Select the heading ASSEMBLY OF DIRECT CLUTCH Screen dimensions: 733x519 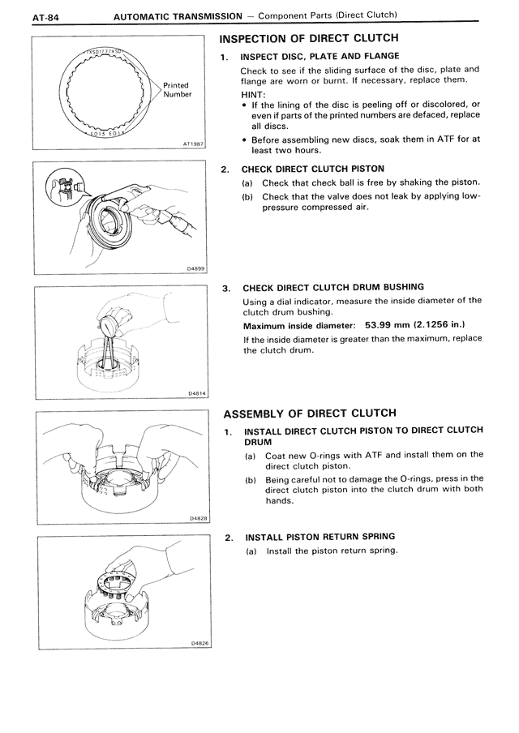click(x=309, y=413)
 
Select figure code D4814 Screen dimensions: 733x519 click(x=196, y=393)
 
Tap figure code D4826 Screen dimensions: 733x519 click(x=198, y=642)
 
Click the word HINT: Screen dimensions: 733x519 click(x=253, y=93)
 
